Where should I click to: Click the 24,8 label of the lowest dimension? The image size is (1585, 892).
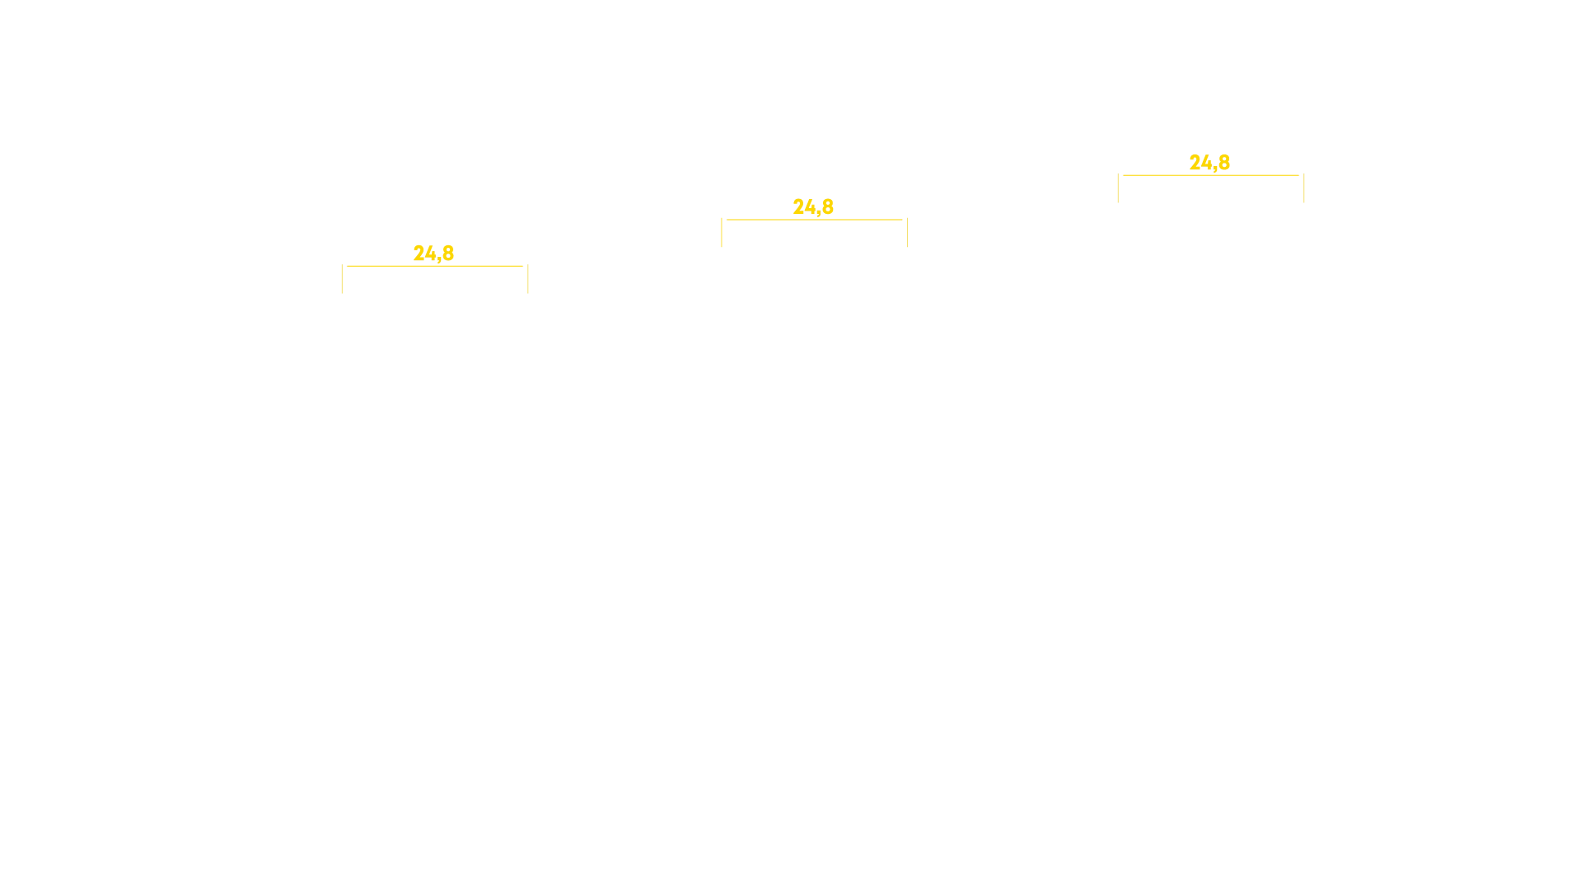[433, 253]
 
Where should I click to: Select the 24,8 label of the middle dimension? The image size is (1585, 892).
[813, 206]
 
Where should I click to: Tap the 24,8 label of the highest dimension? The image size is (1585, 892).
[1209, 163]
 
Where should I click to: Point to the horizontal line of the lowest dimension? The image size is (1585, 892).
[435, 266]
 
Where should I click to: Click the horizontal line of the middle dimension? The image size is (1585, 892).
[815, 220]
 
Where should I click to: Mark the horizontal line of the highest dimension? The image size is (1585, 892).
[1211, 175]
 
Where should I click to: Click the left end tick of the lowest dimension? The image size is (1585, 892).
[342, 279]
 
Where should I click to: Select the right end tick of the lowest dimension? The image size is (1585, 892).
[528, 279]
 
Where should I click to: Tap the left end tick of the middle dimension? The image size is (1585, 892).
[722, 233]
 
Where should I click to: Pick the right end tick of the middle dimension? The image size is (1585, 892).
[907, 233]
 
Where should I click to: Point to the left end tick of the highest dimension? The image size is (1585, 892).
[1118, 188]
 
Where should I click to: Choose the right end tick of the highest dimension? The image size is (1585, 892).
[1303, 188]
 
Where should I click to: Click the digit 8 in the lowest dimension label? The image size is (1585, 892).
[448, 252]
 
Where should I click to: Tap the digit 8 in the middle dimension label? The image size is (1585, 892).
[828, 206]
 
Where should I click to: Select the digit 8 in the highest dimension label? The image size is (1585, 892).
[1224, 162]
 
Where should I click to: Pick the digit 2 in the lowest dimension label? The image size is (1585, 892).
[419, 252]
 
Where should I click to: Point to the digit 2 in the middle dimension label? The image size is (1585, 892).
[799, 206]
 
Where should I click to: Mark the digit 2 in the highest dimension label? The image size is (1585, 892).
[1195, 162]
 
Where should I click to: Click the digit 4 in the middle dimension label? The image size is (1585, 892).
[811, 206]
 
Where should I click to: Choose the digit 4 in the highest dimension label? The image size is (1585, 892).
[1207, 162]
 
